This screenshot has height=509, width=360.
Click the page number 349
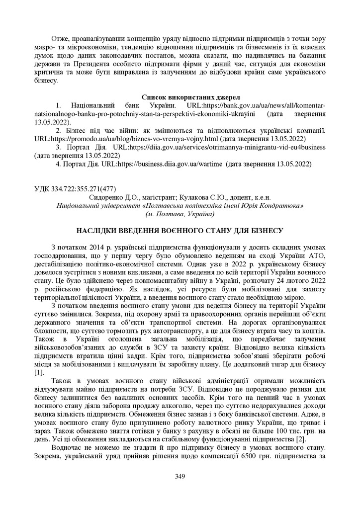tap(180, 477)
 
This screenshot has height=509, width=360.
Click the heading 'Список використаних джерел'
tap(180, 97)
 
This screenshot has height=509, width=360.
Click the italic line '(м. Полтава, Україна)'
tap(180, 214)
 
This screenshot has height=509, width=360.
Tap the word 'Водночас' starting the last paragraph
tap(66, 448)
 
